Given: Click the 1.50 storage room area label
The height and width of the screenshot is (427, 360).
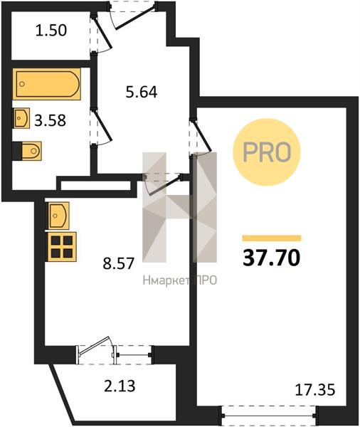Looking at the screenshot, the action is click(51, 30).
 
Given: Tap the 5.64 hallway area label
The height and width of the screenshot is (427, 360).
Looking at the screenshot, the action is click(142, 92).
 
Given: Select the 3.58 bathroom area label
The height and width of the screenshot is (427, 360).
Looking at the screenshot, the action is click(50, 121).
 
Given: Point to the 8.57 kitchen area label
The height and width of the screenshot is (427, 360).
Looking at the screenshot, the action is click(119, 263).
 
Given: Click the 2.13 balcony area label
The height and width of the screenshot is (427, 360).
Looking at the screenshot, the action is click(120, 386).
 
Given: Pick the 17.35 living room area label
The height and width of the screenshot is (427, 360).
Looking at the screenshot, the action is click(315, 390).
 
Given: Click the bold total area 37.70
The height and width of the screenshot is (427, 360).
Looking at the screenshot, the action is click(272, 258).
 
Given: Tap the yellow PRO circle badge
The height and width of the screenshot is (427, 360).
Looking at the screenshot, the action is click(267, 152).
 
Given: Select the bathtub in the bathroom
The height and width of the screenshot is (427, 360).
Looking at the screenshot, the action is click(47, 84).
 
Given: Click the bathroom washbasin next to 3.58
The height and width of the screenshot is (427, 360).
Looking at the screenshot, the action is click(21, 118).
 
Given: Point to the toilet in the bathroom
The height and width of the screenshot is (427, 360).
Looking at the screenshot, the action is click(27, 151).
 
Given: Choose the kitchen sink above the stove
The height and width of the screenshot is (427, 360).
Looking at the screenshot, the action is click(58, 216).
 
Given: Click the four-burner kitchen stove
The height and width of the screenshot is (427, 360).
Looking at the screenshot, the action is click(62, 247).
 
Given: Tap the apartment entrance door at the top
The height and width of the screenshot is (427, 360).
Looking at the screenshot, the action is click(133, 15).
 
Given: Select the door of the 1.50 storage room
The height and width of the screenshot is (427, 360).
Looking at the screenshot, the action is click(101, 35).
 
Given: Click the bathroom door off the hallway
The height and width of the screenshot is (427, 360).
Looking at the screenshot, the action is click(101, 128).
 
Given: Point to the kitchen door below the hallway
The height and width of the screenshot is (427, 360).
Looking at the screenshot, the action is click(162, 184).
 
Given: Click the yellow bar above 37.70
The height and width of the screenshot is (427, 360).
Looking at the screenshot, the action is click(272, 238).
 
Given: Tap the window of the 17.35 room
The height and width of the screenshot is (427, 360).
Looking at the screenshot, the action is click(269, 416).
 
